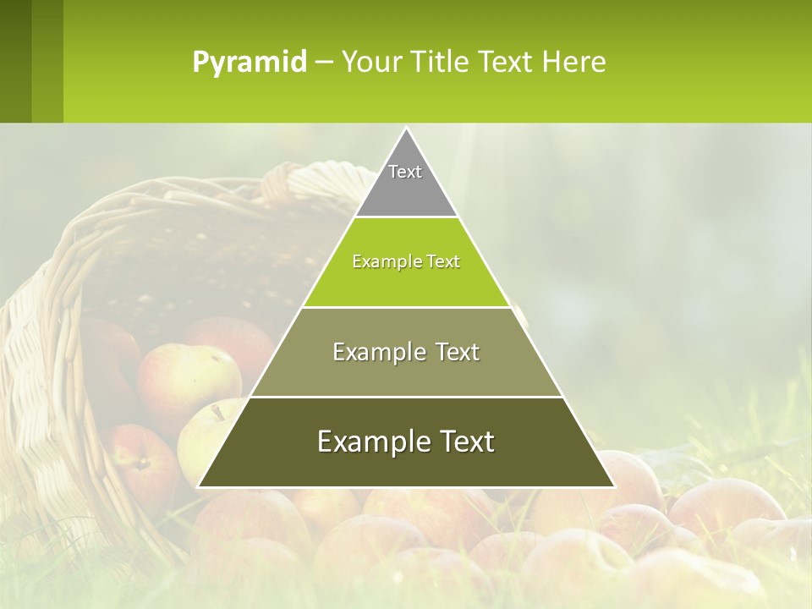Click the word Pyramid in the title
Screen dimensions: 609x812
click(x=249, y=62)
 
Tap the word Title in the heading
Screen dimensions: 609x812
click(x=441, y=62)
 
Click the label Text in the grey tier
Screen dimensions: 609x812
click(x=405, y=172)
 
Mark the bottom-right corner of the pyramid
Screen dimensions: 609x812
click(x=613, y=486)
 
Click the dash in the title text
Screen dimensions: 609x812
click(x=323, y=63)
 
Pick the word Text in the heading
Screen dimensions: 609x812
click(x=506, y=62)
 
